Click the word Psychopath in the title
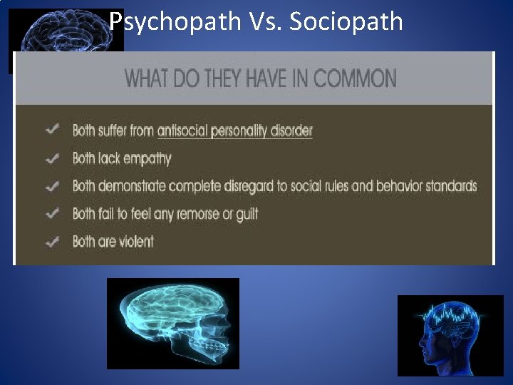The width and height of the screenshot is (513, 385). (x=175, y=21)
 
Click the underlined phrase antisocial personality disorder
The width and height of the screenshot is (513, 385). (x=234, y=130)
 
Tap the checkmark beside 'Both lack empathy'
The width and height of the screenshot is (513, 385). (x=52, y=158)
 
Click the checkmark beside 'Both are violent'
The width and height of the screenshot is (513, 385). (x=52, y=241)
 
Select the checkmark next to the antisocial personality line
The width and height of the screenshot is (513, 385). (x=52, y=130)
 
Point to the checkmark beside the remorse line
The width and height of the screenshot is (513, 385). (x=52, y=213)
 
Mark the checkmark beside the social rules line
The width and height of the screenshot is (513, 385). (x=52, y=186)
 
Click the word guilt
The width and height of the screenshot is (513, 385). (x=246, y=214)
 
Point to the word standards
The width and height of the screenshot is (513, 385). (x=450, y=187)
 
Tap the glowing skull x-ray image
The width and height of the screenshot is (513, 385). (x=172, y=323)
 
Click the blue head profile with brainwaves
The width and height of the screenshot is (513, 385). (x=450, y=334)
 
